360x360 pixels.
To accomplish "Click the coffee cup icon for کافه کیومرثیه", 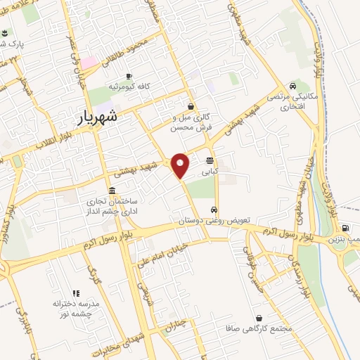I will point(128,76).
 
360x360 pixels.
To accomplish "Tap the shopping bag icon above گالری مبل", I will point(191,107).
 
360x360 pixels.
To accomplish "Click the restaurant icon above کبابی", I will point(210,161).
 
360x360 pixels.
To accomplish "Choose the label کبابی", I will point(210,171).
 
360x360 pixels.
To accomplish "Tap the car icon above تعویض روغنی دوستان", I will point(213,210).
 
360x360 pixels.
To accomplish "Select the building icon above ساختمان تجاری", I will point(112,191).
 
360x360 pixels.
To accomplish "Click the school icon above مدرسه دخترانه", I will point(75,293).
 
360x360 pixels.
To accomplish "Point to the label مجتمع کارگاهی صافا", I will point(262,328).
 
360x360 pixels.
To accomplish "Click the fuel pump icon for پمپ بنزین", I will point(345,228).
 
